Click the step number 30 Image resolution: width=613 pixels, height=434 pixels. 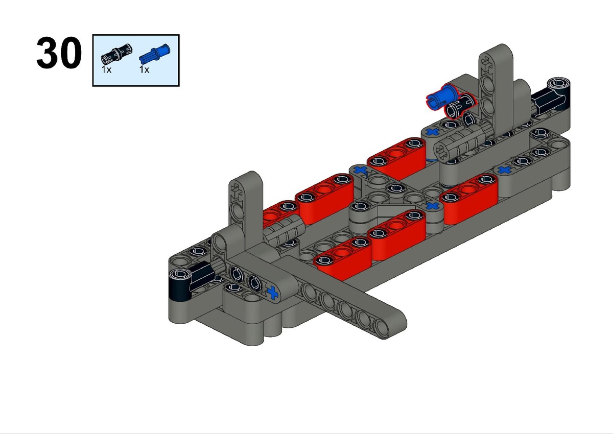point(59,53)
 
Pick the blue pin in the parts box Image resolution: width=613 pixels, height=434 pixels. point(155,54)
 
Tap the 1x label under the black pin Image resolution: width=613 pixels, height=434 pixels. point(106,70)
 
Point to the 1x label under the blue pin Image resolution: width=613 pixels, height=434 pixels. point(144,70)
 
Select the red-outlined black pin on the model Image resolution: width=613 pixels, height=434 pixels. point(460,107)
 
